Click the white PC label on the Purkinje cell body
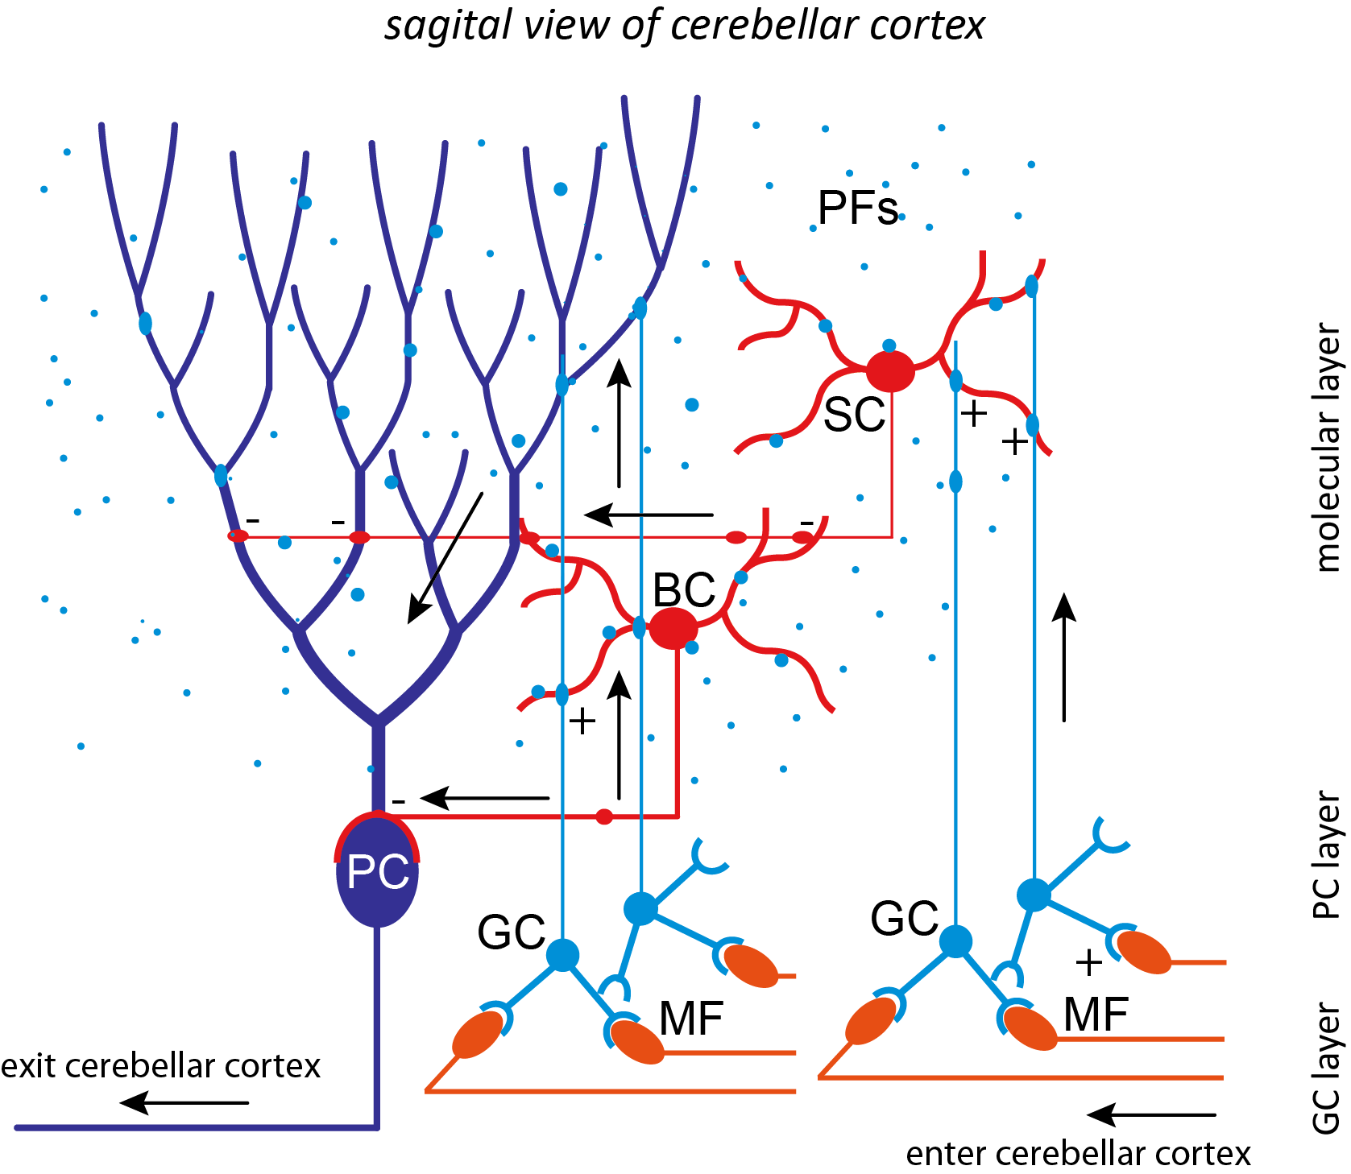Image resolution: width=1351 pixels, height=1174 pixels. click(x=377, y=873)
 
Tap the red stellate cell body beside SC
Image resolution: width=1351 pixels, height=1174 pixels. click(x=890, y=372)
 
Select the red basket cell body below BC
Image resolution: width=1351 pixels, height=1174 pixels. click(x=673, y=628)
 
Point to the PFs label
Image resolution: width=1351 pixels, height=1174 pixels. click(x=857, y=209)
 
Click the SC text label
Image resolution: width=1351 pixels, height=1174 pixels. click(x=854, y=415)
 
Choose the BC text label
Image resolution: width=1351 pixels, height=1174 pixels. click(x=684, y=590)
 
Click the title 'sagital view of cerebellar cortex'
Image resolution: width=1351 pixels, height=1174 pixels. click(x=684, y=26)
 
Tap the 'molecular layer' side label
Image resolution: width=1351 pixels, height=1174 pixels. click(x=1327, y=448)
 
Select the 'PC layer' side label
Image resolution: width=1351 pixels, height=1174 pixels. click(x=1327, y=855)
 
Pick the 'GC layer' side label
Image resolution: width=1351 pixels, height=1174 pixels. click(x=1327, y=1069)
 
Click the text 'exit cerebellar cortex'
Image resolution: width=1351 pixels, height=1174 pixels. click(x=160, y=1066)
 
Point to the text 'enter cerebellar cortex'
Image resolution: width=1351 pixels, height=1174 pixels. click(x=1078, y=1154)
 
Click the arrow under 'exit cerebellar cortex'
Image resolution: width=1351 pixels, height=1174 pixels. click(x=184, y=1102)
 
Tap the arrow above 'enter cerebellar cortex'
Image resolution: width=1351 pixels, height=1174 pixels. click(x=1150, y=1115)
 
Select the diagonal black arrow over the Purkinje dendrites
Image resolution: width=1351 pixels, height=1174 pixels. click(x=445, y=557)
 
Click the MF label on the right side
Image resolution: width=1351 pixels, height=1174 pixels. click(x=1096, y=1015)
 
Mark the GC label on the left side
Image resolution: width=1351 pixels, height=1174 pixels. click(x=511, y=933)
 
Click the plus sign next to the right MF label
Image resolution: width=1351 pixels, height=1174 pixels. click(x=1088, y=962)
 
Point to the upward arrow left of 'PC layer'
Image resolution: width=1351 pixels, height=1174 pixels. click(x=1064, y=656)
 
